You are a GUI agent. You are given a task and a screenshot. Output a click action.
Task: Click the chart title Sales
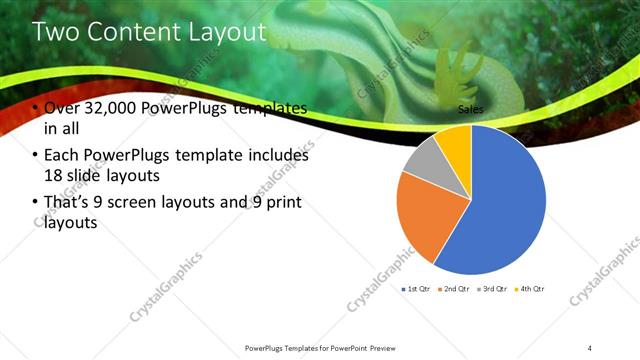471,108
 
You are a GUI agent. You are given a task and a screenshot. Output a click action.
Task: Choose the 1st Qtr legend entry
418,289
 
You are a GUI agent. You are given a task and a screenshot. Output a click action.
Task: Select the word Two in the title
54,32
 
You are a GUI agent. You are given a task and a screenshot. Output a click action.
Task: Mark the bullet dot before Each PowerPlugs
36,156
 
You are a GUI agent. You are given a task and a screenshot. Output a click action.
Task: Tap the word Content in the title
129,32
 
